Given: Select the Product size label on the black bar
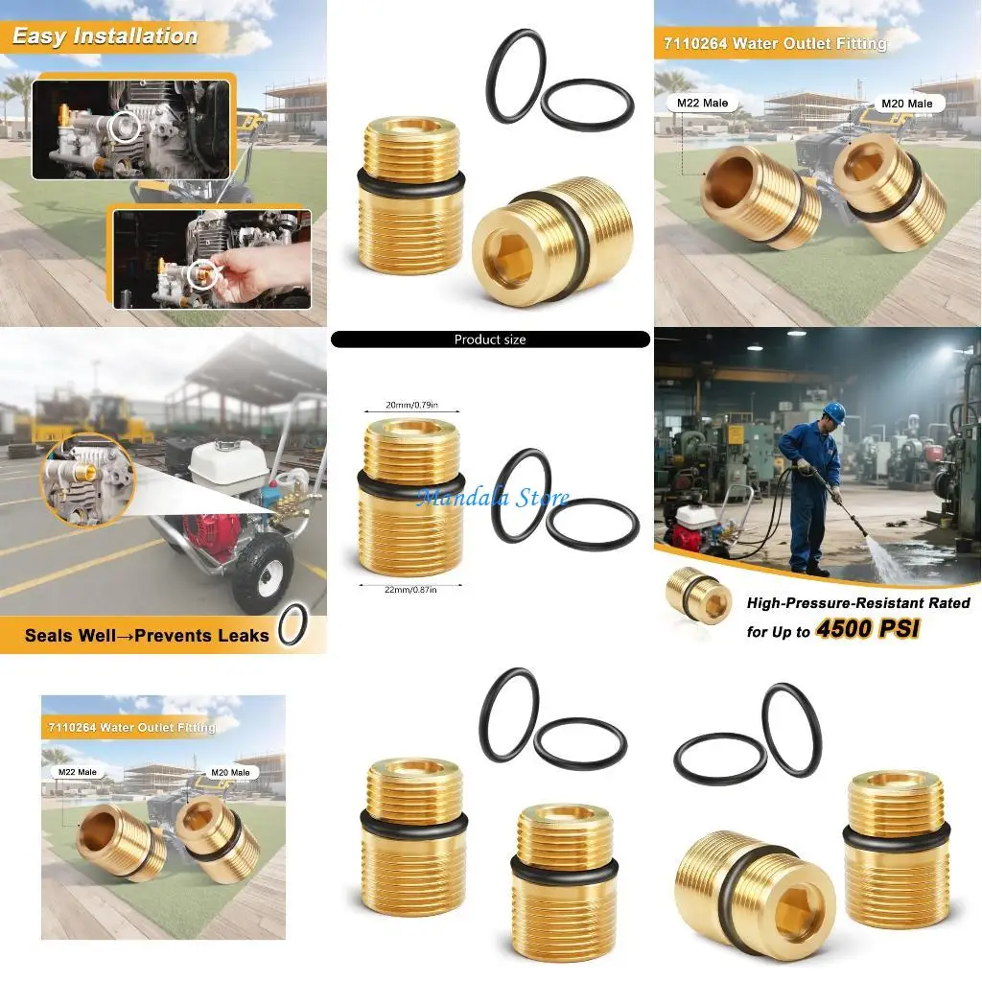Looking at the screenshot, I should (490, 339).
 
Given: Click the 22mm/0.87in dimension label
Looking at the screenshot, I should (411, 590).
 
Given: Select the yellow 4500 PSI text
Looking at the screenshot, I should (867, 631).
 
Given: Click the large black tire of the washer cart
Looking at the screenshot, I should (262, 573).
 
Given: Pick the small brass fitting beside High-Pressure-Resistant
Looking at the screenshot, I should (698, 595).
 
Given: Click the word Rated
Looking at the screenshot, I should (943, 603).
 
